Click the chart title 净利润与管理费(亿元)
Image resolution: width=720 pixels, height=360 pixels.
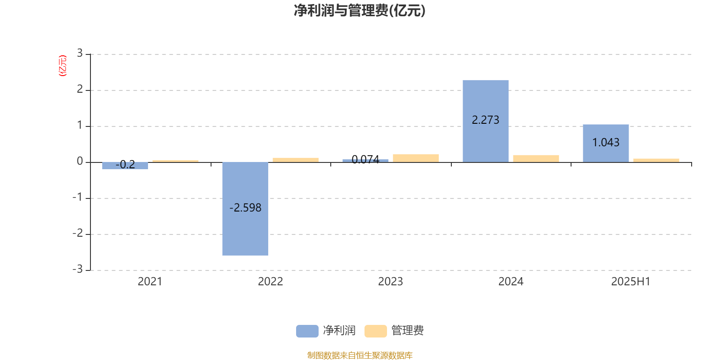point(360,10)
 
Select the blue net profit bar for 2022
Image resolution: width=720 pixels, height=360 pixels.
point(245,209)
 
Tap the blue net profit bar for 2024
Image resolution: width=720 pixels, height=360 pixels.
point(486,121)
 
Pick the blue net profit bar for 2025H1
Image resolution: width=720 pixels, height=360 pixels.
point(606,144)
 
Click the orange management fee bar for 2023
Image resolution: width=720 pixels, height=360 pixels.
point(416,158)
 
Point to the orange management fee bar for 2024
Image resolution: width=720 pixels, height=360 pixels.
point(536,159)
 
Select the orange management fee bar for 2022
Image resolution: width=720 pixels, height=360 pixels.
point(296,160)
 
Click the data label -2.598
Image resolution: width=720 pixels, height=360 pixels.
point(245,207)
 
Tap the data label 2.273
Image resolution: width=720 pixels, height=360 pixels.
point(486,120)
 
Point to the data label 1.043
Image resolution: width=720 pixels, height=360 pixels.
point(606,142)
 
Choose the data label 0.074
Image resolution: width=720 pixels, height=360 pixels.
point(365,159)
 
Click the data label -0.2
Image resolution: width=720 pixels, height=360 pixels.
point(125,165)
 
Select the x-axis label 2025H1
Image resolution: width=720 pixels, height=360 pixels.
point(630,282)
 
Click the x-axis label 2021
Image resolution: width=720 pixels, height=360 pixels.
point(150,282)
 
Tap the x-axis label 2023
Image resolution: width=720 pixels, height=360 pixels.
point(390,282)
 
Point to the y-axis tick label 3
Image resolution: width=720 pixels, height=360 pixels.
point(80,53)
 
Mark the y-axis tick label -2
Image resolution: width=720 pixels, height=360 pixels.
point(77,233)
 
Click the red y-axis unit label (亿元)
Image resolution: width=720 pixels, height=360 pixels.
point(63,66)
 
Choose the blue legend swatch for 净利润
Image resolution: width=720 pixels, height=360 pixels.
point(307,331)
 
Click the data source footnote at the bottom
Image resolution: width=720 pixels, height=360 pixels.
point(360,355)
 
